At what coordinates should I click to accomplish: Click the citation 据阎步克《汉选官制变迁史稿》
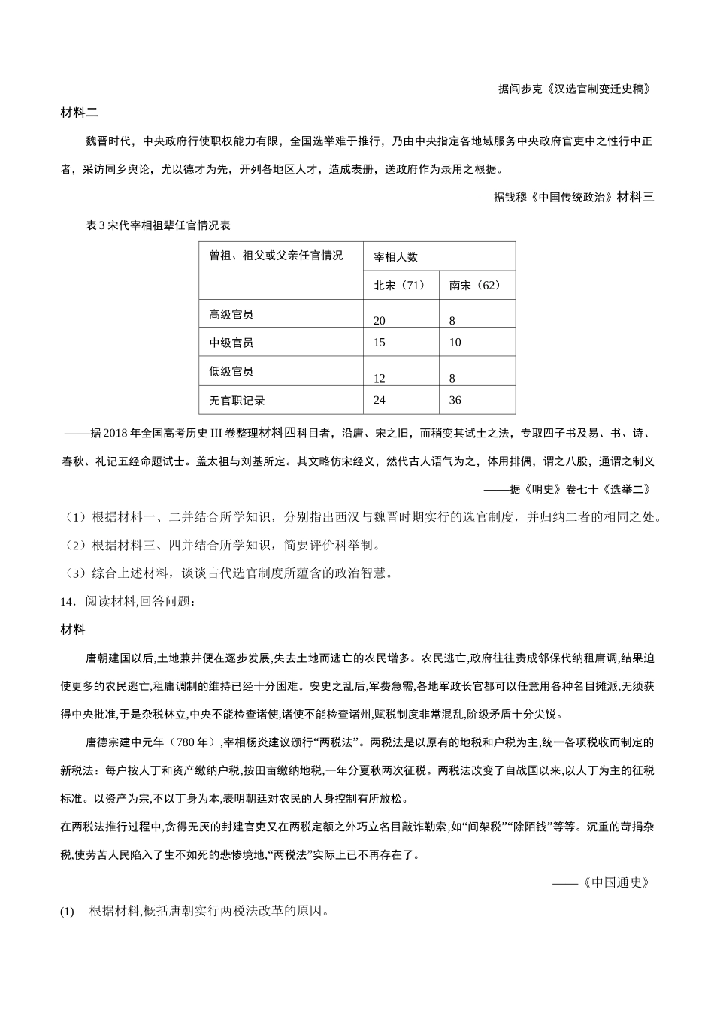tap(574, 89)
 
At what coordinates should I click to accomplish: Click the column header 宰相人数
tap(395, 257)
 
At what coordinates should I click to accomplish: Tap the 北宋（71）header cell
tap(400, 286)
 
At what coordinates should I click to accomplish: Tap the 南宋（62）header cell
tap(475, 286)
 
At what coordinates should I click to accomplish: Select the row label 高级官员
tap(231, 314)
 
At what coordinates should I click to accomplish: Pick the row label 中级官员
tap(231, 343)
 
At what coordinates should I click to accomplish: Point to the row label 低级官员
tap(231, 371)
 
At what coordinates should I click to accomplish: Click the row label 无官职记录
tap(237, 401)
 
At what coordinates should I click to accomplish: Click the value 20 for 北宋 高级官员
tap(380, 321)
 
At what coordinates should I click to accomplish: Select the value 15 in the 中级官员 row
tap(380, 343)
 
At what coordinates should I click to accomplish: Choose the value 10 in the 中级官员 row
tap(455, 343)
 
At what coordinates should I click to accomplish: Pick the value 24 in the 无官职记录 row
tap(380, 401)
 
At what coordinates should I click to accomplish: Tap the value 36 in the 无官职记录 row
tap(455, 401)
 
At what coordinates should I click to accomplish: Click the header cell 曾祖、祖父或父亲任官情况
tap(276, 256)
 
